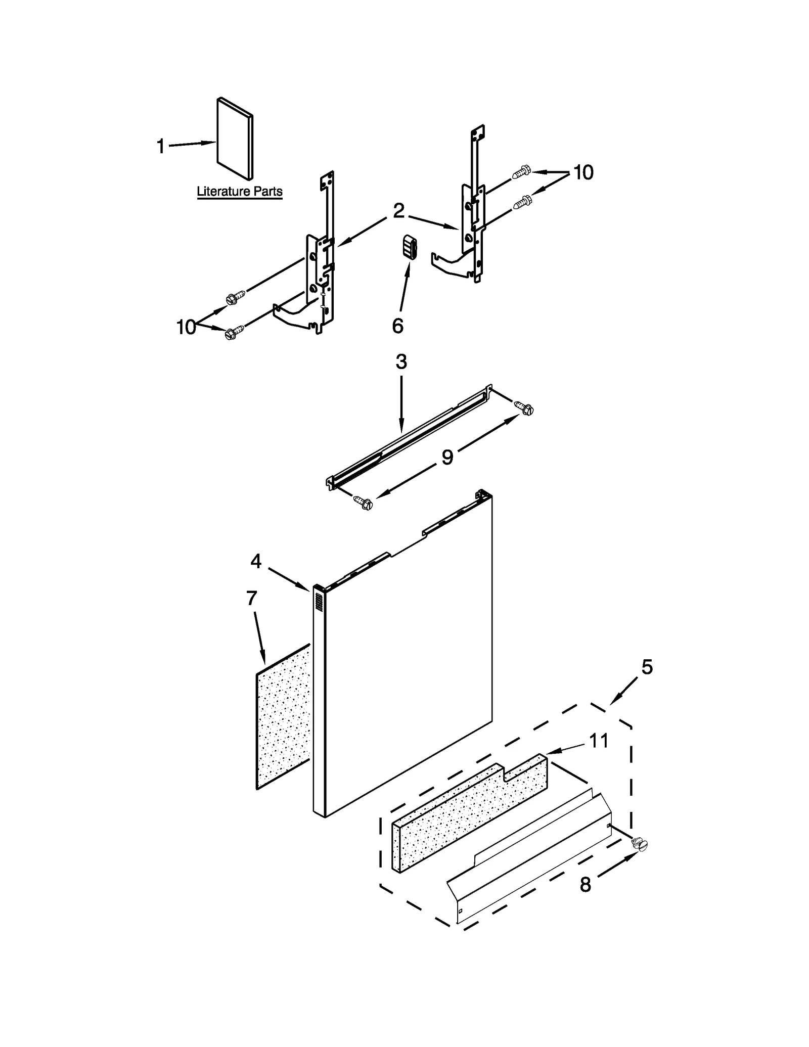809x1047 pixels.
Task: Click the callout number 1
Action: [160, 147]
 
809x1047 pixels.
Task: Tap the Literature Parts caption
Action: [239, 192]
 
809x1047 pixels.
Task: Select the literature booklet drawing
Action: [235, 139]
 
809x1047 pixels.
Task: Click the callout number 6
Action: [397, 327]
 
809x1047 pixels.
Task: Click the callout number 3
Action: [401, 362]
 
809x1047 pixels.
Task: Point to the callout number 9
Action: [447, 457]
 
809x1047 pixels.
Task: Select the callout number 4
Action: [256, 561]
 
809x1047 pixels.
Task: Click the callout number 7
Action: [252, 598]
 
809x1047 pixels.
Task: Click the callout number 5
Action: [647, 667]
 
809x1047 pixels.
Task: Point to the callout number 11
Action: [599, 741]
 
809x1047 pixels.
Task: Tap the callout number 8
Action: [585, 885]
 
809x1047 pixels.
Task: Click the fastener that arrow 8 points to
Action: [640, 844]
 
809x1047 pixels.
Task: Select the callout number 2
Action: [398, 211]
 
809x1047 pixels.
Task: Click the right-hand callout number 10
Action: [583, 173]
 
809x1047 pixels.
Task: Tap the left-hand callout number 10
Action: [186, 328]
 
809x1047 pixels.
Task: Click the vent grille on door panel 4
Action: [319, 602]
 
